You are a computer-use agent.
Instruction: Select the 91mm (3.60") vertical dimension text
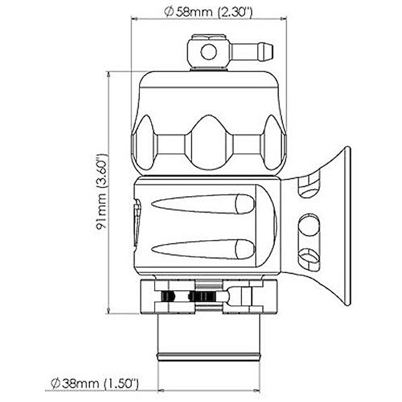point(102,192)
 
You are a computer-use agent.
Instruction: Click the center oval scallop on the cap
point(208,143)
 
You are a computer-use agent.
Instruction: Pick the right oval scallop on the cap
point(273,144)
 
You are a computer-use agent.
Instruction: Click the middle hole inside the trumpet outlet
point(309,225)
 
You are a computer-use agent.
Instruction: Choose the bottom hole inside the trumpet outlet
point(309,257)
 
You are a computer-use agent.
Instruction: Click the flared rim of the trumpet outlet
point(347,226)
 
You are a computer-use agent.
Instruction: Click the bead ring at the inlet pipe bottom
point(208,356)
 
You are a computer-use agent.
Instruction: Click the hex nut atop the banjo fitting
point(208,38)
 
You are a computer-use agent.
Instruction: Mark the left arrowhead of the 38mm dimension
point(160,391)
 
